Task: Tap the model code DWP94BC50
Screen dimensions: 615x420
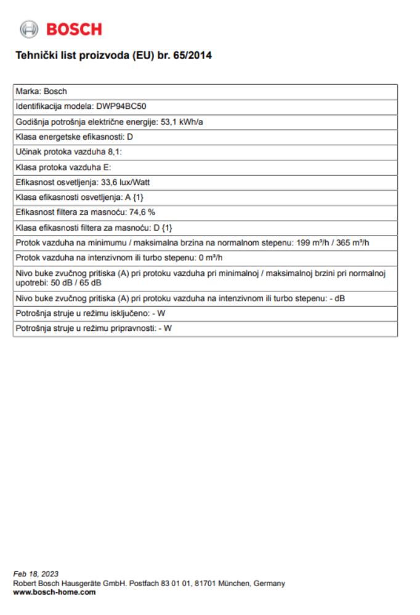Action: tap(121, 106)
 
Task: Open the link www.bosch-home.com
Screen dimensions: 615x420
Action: tap(54, 592)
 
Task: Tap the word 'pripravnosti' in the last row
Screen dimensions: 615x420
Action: tap(129, 328)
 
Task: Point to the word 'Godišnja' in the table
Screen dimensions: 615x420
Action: tap(32, 122)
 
